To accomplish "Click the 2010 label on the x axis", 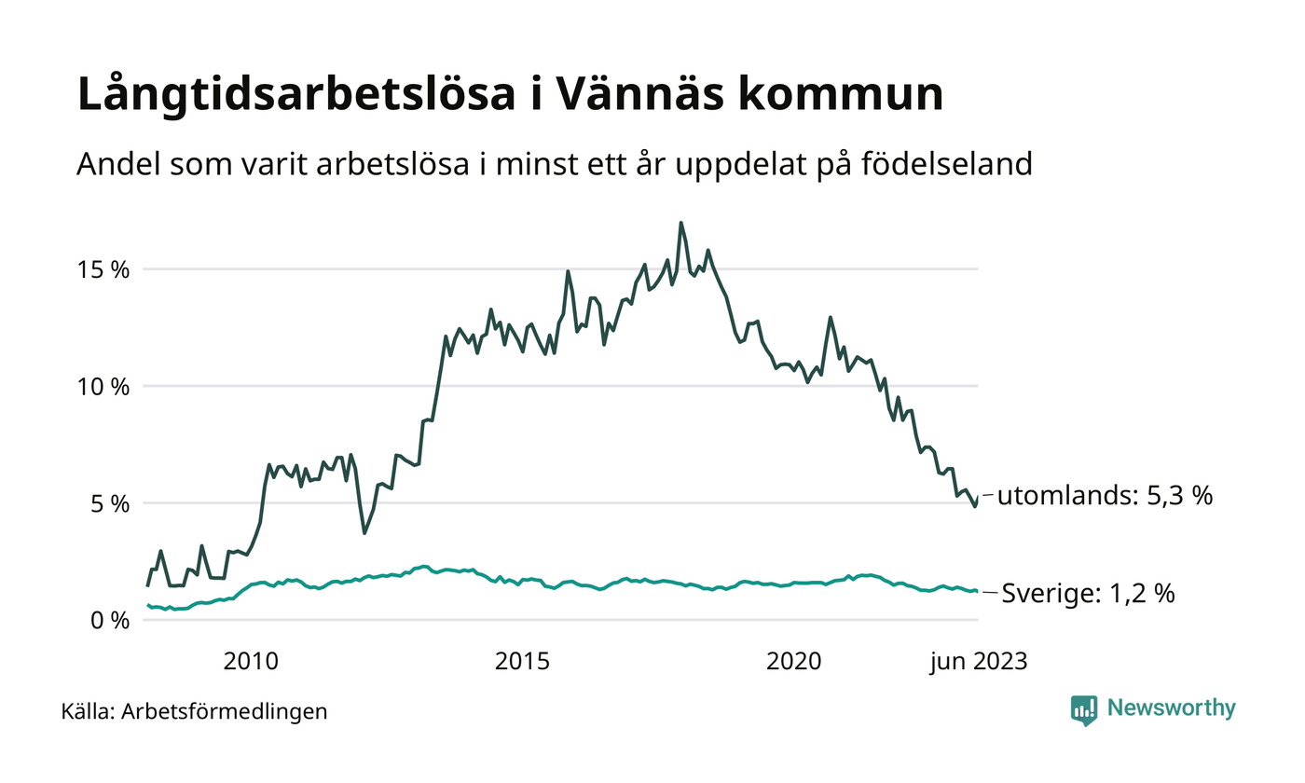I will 251,662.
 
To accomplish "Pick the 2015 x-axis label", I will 522,662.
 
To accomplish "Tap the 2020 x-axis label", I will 793,662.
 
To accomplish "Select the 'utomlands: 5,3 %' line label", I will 1105,496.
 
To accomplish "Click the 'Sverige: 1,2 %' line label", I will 1088,593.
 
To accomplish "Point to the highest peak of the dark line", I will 680,223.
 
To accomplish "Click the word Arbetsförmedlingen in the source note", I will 225,712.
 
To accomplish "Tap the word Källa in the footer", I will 88,712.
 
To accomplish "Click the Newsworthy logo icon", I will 1084,709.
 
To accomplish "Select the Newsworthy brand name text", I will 1171,708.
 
